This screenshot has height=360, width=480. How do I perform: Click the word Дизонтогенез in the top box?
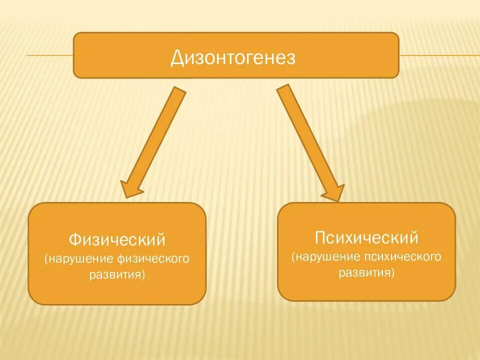(x=233, y=58)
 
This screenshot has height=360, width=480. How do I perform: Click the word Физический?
(x=116, y=239)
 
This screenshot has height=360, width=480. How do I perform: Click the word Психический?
(x=366, y=236)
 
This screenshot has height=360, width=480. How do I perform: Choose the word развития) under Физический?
(x=117, y=274)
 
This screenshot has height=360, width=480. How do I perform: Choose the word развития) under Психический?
(x=366, y=272)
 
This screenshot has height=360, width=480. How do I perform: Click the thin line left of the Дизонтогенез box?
(x=50, y=55)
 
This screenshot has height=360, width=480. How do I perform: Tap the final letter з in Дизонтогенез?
(x=291, y=59)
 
